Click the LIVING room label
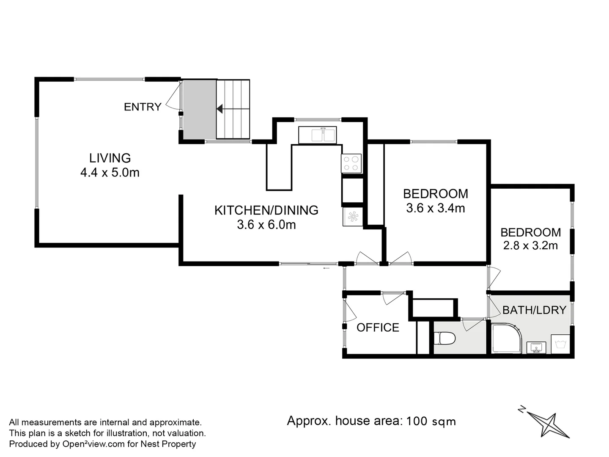point(110,158)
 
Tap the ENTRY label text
point(143,107)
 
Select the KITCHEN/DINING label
point(266,210)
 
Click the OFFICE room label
point(378,328)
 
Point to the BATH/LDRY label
point(534,310)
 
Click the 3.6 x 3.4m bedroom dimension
point(435,208)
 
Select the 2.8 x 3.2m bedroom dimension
point(530,245)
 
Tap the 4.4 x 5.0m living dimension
point(110,173)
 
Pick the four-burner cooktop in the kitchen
point(351,163)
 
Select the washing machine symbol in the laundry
point(560,344)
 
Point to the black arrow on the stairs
point(219,109)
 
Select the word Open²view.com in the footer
point(93,444)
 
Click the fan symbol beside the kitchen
point(353,217)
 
